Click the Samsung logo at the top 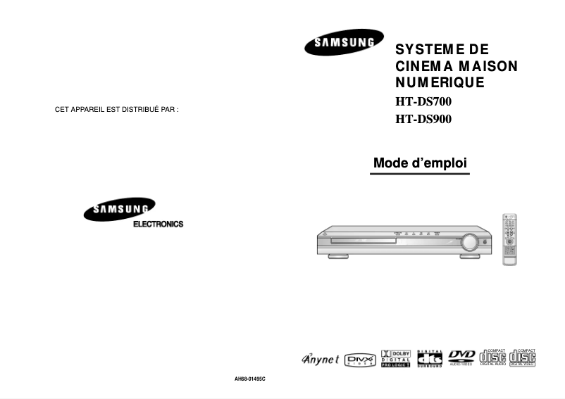pos(344,42)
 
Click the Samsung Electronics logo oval pos(119,210)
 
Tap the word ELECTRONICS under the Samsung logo pos(158,224)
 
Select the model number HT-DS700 pos(423,101)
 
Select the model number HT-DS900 pos(423,119)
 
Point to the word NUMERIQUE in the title pos(440,82)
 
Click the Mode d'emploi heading pos(420,163)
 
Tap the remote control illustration pos(509,239)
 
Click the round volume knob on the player pos(468,243)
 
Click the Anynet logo pos(321,360)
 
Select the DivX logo pos(361,360)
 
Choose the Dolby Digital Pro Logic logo pos(396,359)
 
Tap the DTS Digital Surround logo pos(430,359)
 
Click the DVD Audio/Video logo pos(462,358)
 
